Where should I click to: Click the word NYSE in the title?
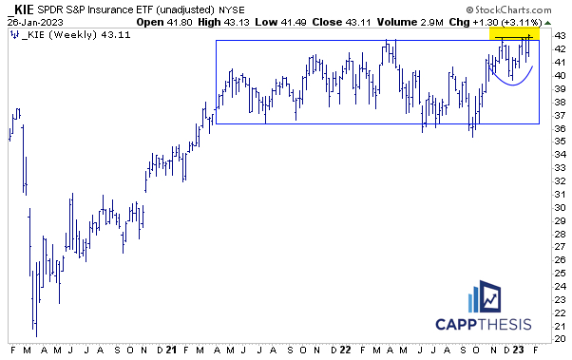click(x=253, y=9)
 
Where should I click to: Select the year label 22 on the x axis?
click(x=347, y=351)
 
